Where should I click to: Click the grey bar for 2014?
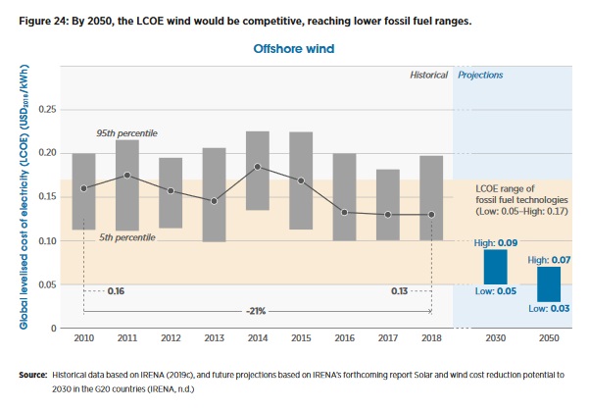[258, 171]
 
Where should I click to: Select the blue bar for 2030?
[495, 267]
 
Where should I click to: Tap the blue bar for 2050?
[549, 284]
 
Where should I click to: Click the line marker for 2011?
[127, 175]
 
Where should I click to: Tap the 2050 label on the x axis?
[549, 340]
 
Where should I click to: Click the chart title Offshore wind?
[294, 46]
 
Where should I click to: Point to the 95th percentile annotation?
[126, 132]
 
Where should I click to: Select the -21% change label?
[257, 311]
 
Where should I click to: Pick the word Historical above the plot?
[428, 75]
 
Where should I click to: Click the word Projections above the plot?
[481, 75]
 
